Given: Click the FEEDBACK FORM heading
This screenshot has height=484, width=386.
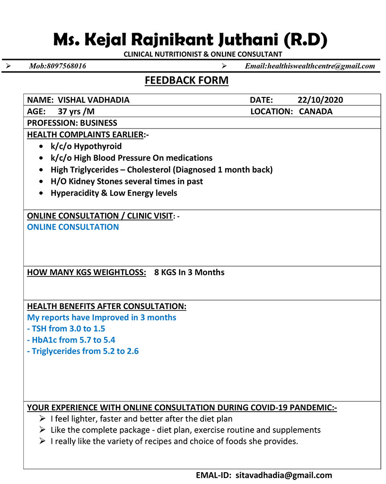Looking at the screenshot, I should pos(186,80).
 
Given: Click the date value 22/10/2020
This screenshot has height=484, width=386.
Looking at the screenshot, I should pos(320,100).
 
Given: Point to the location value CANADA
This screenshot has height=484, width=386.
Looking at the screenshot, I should pos(316,112).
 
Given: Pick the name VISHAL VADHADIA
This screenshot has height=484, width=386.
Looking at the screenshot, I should pos(93,100).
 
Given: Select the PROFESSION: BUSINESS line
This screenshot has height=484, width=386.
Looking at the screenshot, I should pos(72,123).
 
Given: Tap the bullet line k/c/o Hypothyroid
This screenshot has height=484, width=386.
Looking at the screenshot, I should pos(86,146).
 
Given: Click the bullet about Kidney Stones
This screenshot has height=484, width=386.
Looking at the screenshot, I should pos(127,181).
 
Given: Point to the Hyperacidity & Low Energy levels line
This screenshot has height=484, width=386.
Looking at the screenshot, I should pos(114,193).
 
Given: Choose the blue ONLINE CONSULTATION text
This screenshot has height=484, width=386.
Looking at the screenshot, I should pos(73,227).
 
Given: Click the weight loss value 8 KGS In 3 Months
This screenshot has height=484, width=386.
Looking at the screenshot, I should pos(189,272).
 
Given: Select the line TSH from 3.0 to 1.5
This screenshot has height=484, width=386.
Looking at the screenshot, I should pos(66,328).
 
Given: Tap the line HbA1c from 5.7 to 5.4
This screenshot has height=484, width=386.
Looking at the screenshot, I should pos(71,340).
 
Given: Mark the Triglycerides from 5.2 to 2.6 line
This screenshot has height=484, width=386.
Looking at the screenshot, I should pos(83,351).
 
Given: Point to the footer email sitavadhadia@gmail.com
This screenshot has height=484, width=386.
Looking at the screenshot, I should pos(284,475).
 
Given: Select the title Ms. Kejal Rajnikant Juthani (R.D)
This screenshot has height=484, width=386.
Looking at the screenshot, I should pos(190,40).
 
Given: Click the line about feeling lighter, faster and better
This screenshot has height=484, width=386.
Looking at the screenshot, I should pos(141,419).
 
